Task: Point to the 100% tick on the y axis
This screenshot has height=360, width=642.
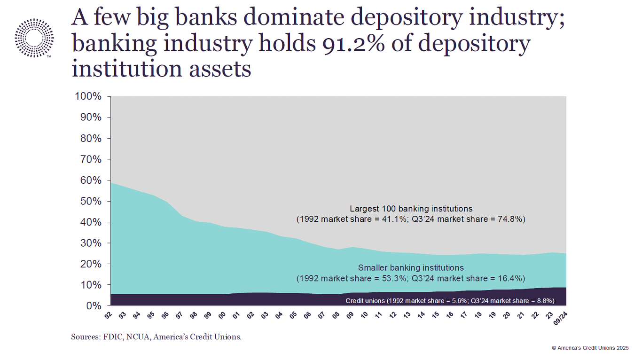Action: click(88, 97)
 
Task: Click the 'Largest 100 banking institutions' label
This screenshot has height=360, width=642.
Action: click(411, 209)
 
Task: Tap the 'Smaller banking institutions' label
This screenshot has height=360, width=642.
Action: click(411, 268)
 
